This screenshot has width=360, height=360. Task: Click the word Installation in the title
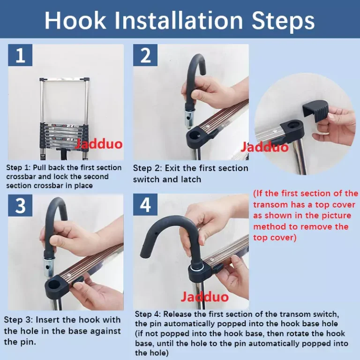179,21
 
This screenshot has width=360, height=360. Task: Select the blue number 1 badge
20,55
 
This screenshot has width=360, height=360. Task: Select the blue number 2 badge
145,55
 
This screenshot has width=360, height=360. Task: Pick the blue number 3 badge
20,205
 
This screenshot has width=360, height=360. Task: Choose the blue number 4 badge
145,204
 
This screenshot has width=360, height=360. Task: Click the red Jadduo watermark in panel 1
99,144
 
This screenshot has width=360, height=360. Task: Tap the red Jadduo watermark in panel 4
204,297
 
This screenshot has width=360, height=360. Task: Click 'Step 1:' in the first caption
18,168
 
